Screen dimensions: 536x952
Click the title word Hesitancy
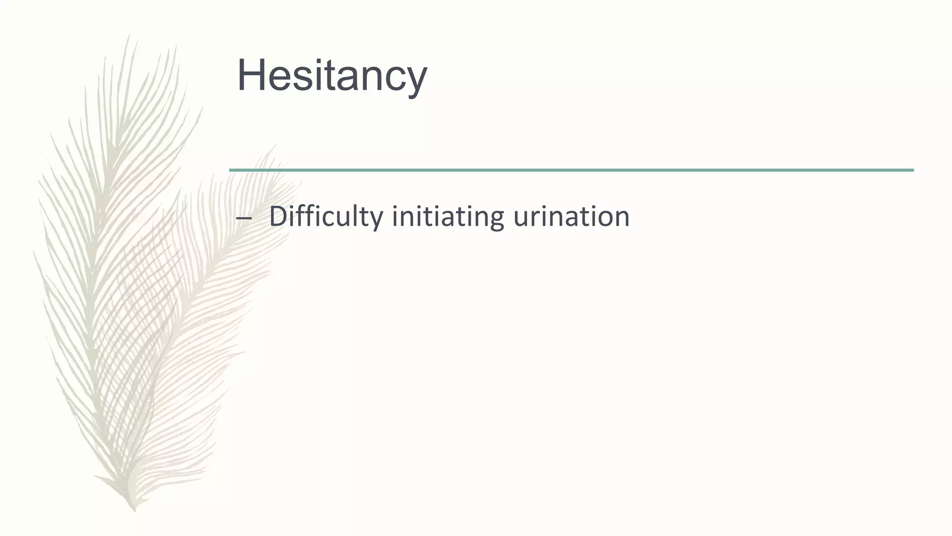click(x=331, y=75)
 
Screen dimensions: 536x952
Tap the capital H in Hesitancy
click(x=251, y=75)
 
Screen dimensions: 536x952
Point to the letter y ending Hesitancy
click(x=415, y=80)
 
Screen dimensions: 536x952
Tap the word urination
click(x=571, y=216)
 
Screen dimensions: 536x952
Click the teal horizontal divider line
click(x=571, y=170)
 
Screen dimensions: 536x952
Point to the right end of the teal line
click(x=912, y=170)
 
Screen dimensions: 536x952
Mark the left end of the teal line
click(x=231, y=170)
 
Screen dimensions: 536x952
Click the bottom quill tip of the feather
click(x=134, y=510)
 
